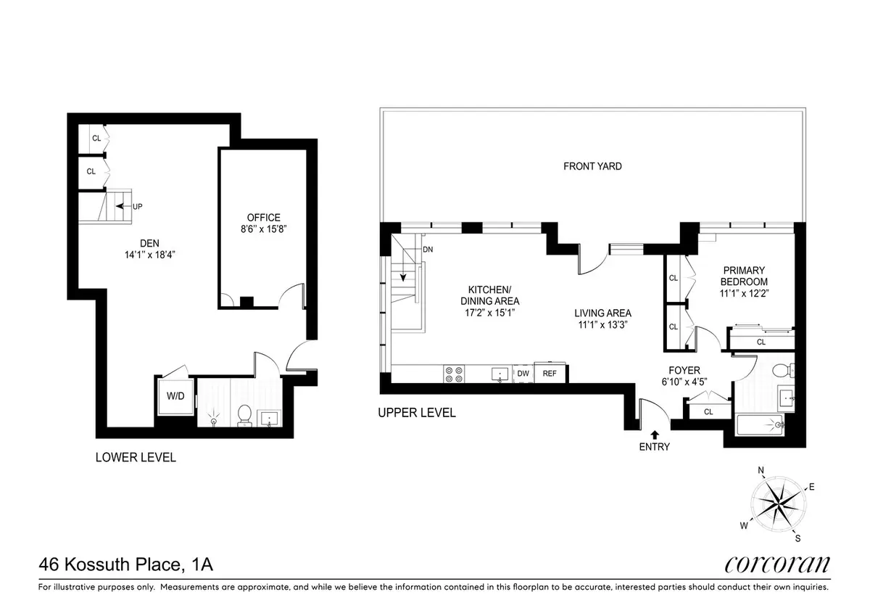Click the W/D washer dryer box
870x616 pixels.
pyautogui.click(x=175, y=397)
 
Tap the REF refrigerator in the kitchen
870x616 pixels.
pyautogui.click(x=550, y=374)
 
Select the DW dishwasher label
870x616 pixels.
pyautogui.click(x=523, y=374)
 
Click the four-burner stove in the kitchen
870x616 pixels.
pyautogui.click(x=454, y=374)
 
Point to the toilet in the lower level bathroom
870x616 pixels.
pyautogui.click(x=244, y=414)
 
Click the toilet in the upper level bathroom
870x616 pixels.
pyautogui.click(x=782, y=371)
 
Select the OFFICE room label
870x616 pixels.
pyautogui.click(x=262, y=218)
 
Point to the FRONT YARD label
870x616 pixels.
pyautogui.click(x=592, y=166)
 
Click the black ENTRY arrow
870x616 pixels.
pyautogui.click(x=655, y=434)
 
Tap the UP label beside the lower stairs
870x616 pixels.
pyautogui.click(x=138, y=207)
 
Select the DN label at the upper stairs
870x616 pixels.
pyautogui.click(x=427, y=249)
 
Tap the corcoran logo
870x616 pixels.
pyautogui.click(x=777, y=564)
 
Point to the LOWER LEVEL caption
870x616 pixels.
pyautogui.click(x=136, y=458)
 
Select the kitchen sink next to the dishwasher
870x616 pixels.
pyautogui.click(x=500, y=374)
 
